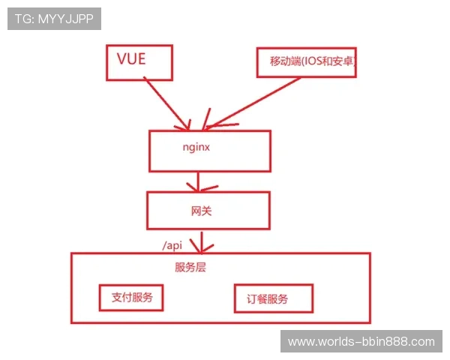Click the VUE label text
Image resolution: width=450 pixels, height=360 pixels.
pyautogui.click(x=132, y=58)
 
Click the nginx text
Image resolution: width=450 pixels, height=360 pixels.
pyautogui.click(x=197, y=147)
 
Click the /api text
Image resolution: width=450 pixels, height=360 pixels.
pyautogui.click(x=172, y=244)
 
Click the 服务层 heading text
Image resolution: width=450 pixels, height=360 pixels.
pyautogui.click(x=190, y=267)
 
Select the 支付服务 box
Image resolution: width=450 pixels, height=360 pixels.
pyautogui.click(x=132, y=298)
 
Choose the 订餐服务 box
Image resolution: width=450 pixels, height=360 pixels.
pyautogui.click(x=273, y=300)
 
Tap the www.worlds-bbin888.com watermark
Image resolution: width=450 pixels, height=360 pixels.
pyautogui.click(x=361, y=342)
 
